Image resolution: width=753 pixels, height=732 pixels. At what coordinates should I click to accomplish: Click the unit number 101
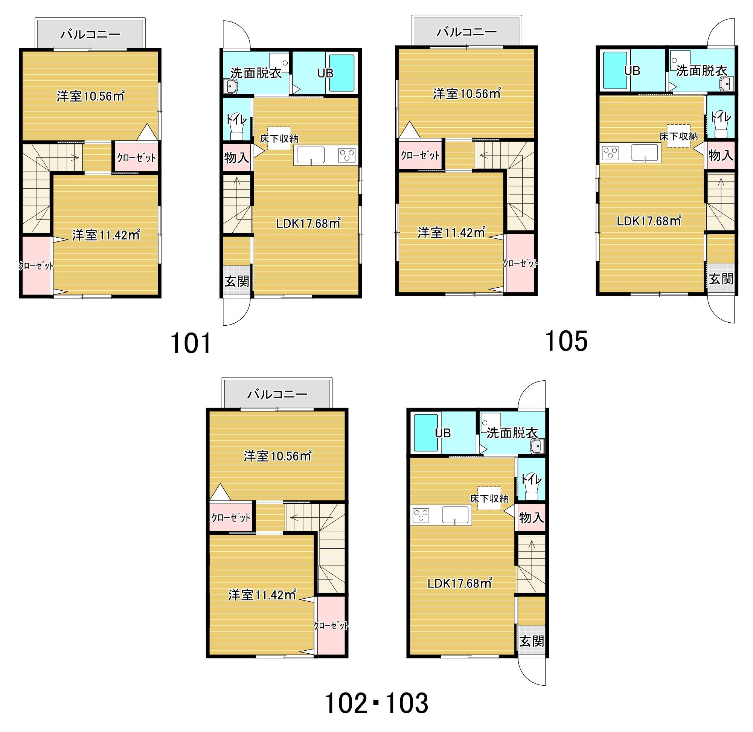point(191,343)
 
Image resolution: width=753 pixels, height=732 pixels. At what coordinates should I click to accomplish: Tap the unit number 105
point(566,341)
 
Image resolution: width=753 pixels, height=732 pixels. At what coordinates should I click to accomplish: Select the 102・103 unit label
point(376,703)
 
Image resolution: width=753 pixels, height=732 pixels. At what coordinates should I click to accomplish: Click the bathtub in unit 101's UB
point(342,73)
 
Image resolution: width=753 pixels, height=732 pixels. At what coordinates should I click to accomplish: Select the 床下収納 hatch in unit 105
point(678,136)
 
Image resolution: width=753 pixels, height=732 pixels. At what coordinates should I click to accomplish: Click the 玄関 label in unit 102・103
point(532,641)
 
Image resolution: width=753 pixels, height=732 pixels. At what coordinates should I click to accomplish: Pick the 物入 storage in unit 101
point(237,157)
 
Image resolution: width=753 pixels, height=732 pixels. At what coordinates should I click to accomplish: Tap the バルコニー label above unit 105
point(466,32)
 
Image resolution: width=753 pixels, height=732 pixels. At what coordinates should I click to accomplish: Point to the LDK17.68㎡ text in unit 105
point(649,221)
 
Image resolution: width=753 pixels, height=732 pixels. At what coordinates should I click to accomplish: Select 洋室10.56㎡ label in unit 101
point(90,96)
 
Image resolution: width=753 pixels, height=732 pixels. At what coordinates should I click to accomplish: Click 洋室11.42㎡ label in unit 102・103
point(262,595)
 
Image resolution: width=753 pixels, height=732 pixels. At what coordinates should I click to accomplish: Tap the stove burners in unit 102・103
point(421,515)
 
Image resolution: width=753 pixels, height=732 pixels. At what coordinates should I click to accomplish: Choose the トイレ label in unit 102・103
point(531,480)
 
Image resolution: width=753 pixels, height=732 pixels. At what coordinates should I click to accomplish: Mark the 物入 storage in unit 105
point(721,155)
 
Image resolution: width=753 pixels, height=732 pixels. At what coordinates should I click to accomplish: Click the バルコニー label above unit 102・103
point(277,395)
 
